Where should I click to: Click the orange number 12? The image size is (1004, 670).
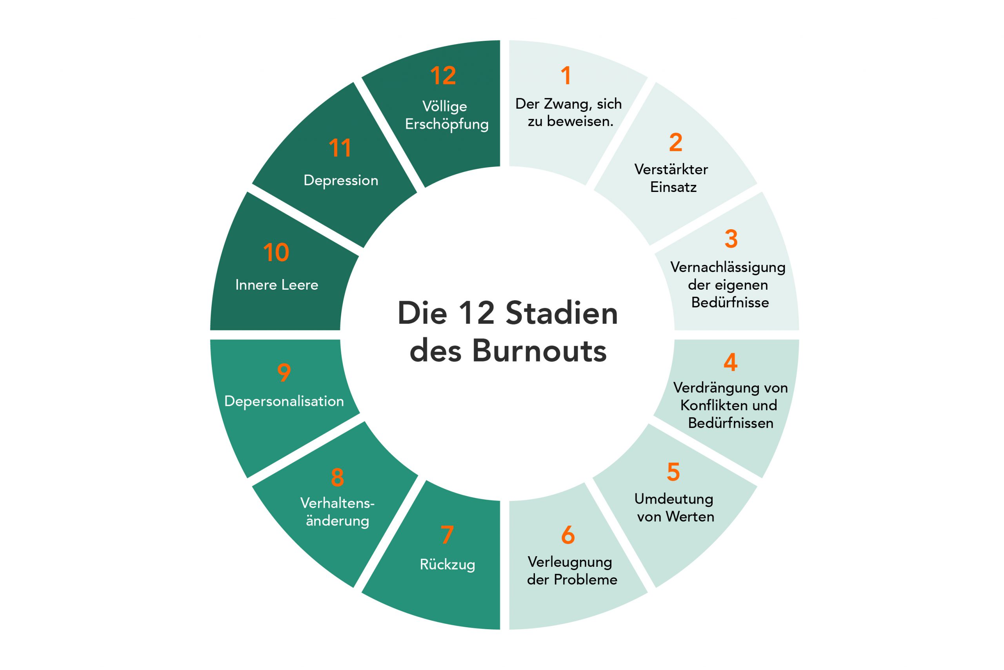pos(443,76)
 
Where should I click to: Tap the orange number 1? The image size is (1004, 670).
pos(566,76)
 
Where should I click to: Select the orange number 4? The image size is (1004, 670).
pos(730,362)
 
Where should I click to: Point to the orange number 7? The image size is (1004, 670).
pos(447,535)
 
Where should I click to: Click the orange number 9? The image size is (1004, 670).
pos(284,372)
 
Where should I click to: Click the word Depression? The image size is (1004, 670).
pos(341,181)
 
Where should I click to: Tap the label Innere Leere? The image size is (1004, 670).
pos(276,285)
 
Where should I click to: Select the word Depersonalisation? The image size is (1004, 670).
pos(284,401)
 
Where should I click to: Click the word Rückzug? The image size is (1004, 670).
pos(447,564)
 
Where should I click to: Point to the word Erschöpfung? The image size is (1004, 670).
pos(447,124)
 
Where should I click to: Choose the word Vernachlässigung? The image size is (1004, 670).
pos(728,267)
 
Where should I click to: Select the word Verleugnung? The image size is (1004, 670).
pos(570,562)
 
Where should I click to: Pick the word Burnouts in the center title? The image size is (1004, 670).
pos(539,351)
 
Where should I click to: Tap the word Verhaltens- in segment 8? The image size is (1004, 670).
pos(337,503)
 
